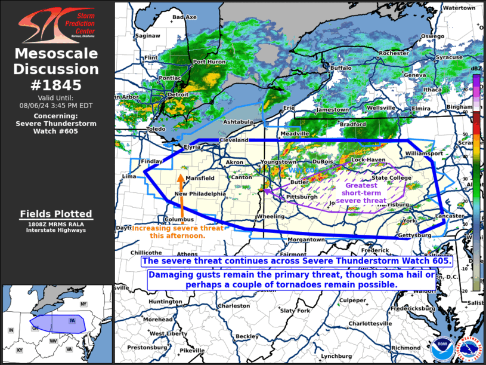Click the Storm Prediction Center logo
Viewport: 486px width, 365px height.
point(56,25)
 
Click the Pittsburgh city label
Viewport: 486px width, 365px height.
point(302,197)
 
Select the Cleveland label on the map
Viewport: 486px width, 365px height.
point(233,140)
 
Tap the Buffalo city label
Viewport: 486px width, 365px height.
point(341,68)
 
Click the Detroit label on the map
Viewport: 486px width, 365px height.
point(178,95)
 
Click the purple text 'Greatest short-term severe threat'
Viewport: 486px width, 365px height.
point(361,193)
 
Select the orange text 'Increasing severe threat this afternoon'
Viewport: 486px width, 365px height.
point(178,232)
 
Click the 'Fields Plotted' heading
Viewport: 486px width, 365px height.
point(56,214)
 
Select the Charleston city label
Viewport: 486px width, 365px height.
point(234,306)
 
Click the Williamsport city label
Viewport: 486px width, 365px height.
point(425,154)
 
